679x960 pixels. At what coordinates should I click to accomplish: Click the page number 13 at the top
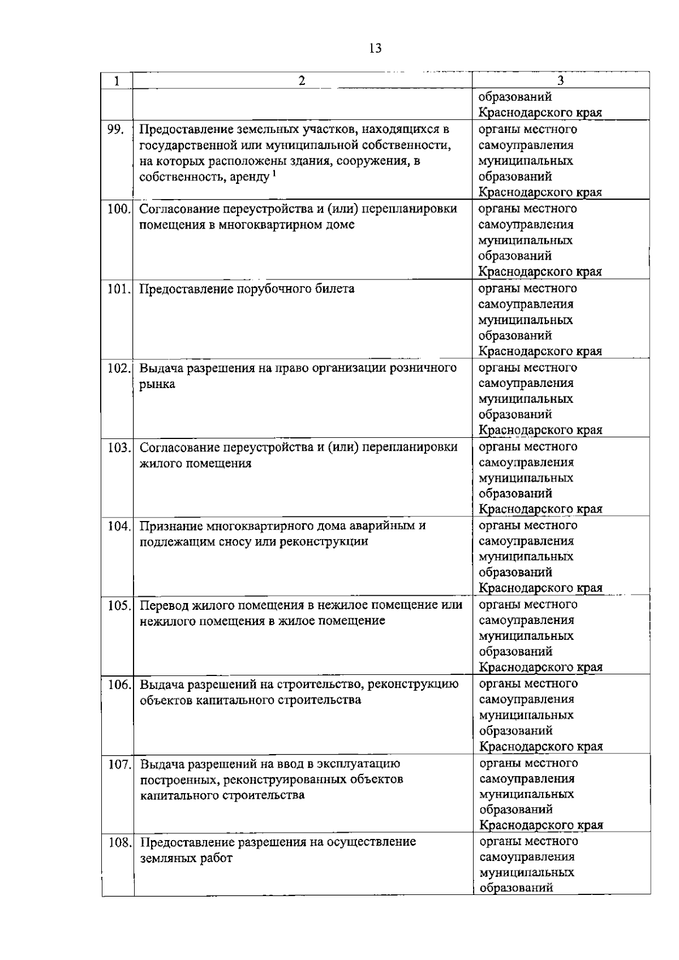(375, 49)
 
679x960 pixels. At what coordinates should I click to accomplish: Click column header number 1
(117, 81)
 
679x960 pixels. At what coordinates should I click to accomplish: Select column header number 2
(302, 81)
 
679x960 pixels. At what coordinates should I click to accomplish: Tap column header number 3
(560, 81)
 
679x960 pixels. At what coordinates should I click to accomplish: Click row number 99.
(115, 130)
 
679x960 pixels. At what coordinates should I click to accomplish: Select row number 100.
(119, 209)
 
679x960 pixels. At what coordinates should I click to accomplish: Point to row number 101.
(119, 289)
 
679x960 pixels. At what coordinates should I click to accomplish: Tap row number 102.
(119, 368)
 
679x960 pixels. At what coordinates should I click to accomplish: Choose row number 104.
(119, 526)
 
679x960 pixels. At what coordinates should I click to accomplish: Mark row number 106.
(119, 685)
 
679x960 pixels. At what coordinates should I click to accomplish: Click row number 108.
(119, 842)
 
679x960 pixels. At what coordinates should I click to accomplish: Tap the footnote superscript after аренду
(274, 174)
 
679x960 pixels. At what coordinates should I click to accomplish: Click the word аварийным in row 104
(387, 526)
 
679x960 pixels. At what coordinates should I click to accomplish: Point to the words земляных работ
(186, 858)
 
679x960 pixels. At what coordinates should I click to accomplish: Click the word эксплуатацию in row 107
(362, 764)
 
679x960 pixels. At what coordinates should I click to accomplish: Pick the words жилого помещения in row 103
(195, 463)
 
